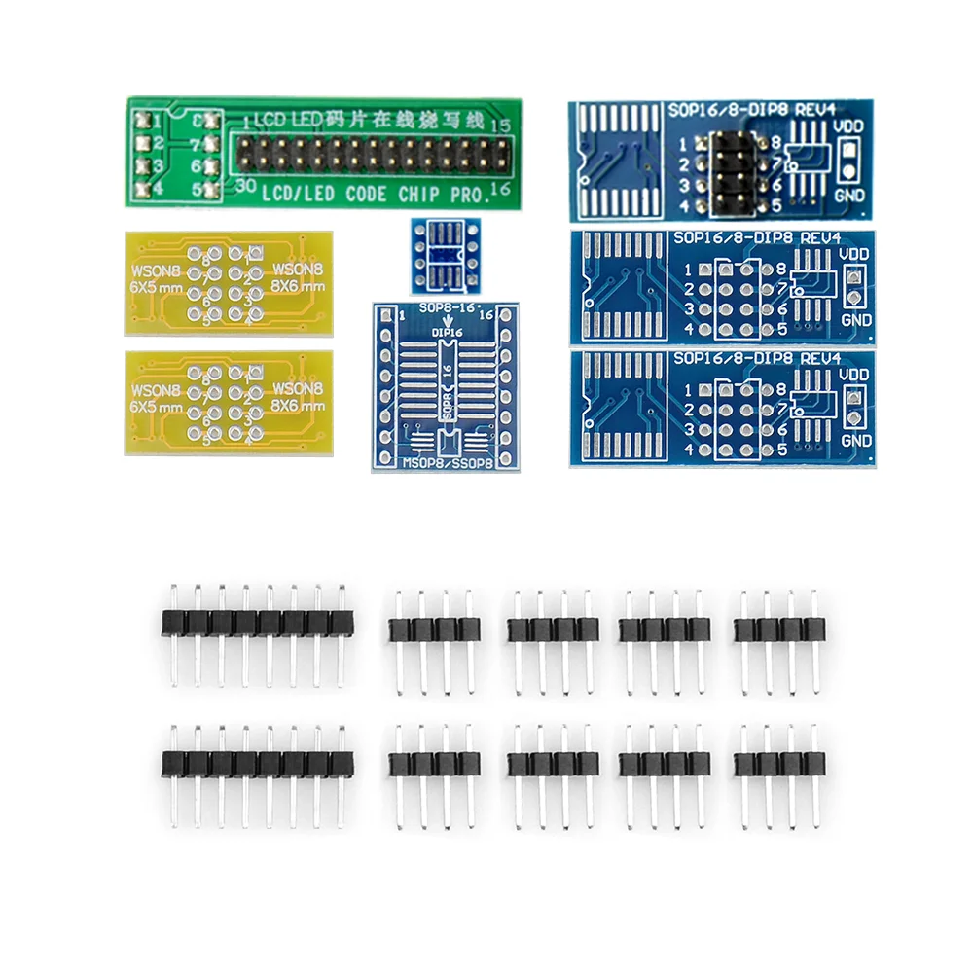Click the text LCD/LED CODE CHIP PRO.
pyautogui.click(x=374, y=194)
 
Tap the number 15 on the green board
pyautogui.click(x=501, y=126)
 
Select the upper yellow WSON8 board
pyautogui.click(x=229, y=282)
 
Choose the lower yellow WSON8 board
pyautogui.click(x=229, y=402)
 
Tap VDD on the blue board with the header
pyautogui.click(x=850, y=126)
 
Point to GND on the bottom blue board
pyautogui.click(x=857, y=440)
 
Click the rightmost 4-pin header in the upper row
pyautogui.click(x=775, y=630)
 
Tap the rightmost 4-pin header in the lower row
pyautogui.click(x=775, y=765)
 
